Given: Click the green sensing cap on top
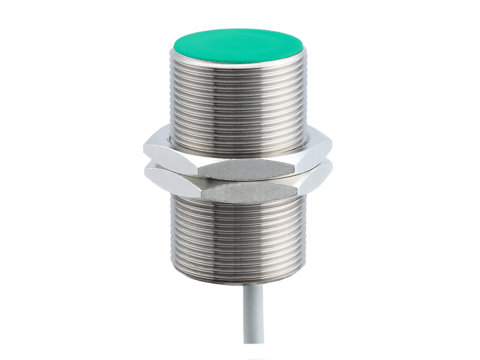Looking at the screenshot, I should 239,43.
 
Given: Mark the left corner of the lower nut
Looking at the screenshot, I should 145,175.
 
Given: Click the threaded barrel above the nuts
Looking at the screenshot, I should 239,100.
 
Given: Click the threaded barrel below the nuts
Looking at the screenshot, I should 239,240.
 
